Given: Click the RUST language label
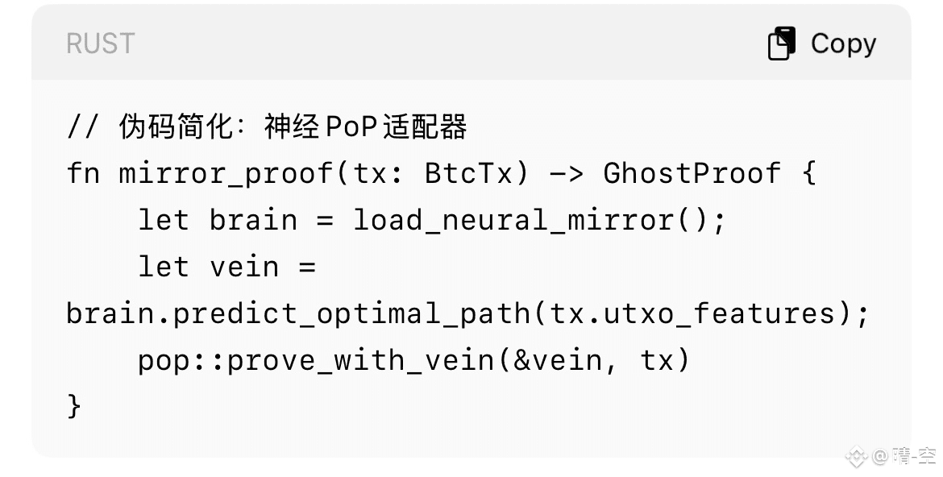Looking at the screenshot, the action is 100,44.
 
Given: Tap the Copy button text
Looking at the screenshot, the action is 843,44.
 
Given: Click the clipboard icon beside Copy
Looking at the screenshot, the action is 782,44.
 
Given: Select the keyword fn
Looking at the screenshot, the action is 83,173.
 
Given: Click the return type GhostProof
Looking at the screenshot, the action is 692,173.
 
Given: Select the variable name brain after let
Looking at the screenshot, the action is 253,220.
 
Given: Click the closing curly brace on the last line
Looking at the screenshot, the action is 74,405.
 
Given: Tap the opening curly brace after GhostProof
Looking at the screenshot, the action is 808,173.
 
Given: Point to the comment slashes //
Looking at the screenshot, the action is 83,127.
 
